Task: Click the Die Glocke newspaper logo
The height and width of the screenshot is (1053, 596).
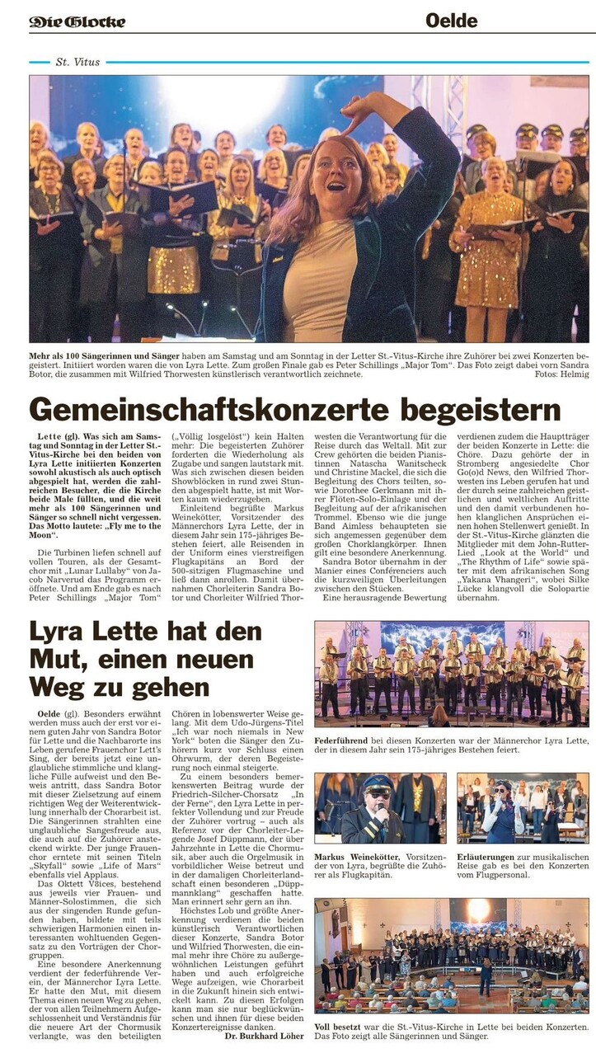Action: tap(77, 21)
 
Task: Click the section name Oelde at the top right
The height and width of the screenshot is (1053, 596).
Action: tap(451, 20)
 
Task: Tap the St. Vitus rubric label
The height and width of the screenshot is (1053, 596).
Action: tap(73, 62)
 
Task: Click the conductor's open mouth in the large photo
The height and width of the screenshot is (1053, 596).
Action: tap(336, 186)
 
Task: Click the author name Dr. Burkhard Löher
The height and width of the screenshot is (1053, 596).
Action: tap(264, 1036)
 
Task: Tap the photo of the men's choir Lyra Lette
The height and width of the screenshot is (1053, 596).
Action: tap(451, 674)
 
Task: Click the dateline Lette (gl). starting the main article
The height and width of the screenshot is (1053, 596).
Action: tap(55, 435)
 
